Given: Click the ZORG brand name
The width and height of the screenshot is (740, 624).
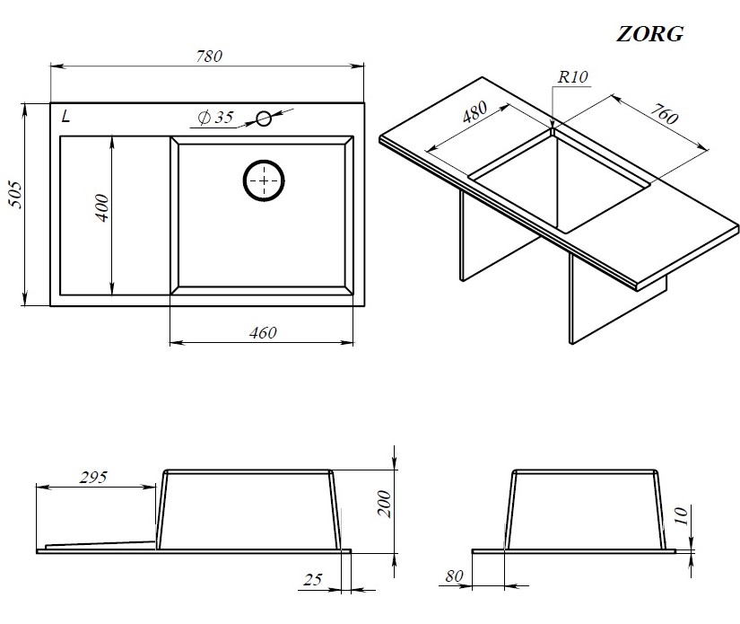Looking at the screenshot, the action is [x=650, y=34].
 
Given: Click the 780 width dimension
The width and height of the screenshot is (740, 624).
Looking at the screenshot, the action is [x=209, y=57].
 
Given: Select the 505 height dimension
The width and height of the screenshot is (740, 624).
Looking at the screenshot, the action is [x=15, y=194].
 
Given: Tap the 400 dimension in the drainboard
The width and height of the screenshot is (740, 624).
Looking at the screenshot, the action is [x=101, y=207].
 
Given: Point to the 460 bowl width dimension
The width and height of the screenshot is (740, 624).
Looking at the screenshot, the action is [x=263, y=333].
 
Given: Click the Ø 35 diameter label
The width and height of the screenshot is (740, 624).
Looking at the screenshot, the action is [x=216, y=117].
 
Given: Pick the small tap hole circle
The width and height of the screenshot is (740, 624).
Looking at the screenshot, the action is [x=264, y=119].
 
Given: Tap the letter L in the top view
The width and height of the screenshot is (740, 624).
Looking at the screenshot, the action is [x=65, y=116].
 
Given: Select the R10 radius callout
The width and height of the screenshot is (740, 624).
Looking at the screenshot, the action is [x=573, y=76].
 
